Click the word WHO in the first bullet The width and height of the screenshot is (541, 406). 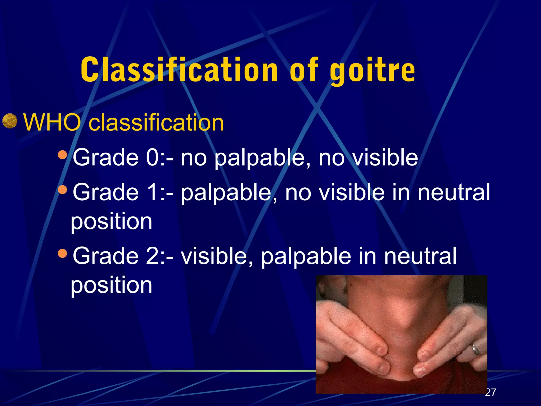pyautogui.click(x=52, y=122)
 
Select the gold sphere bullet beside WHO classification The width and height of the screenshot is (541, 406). pyautogui.click(x=10, y=121)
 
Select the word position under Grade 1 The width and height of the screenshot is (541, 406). pyautogui.click(x=111, y=222)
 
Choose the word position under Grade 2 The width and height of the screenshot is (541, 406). pyautogui.click(x=111, y=285)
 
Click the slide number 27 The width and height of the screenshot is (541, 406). pyautogui.click(x=491, y=392)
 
